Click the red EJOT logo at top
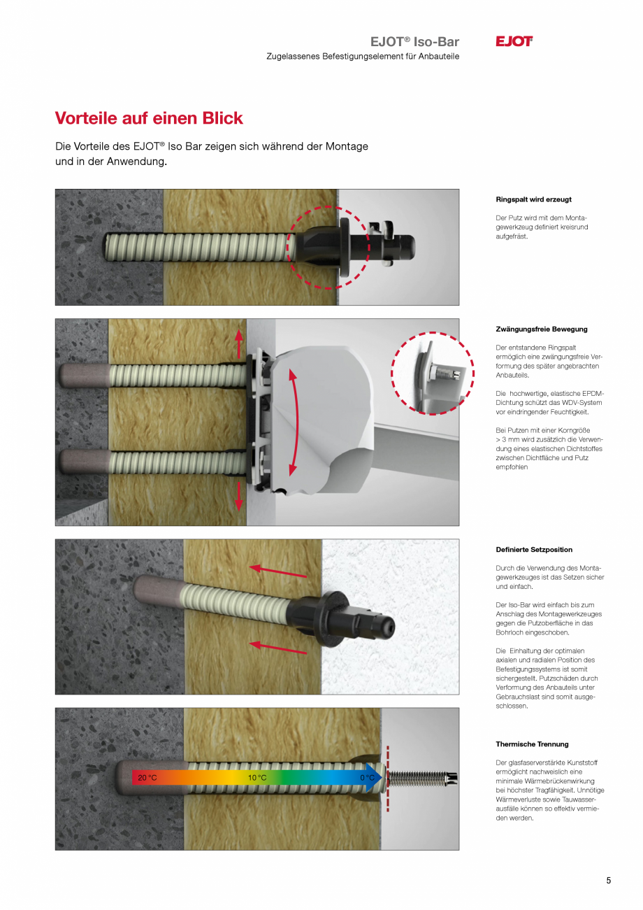coord(514,41)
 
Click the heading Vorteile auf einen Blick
coord(149,118)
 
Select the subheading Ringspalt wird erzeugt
coord(533,199)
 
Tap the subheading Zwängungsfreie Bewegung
coord(542,329)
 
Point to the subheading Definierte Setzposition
coord(534,550)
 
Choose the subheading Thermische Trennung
coord(532,744)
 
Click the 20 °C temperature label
coord(147,778)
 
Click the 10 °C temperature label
coord(257,778)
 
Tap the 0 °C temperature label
coord(367,778)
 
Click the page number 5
coord(608,881)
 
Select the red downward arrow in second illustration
coord(239,495)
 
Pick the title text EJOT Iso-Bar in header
coord(414,42)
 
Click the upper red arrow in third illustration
coord(277,571)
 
